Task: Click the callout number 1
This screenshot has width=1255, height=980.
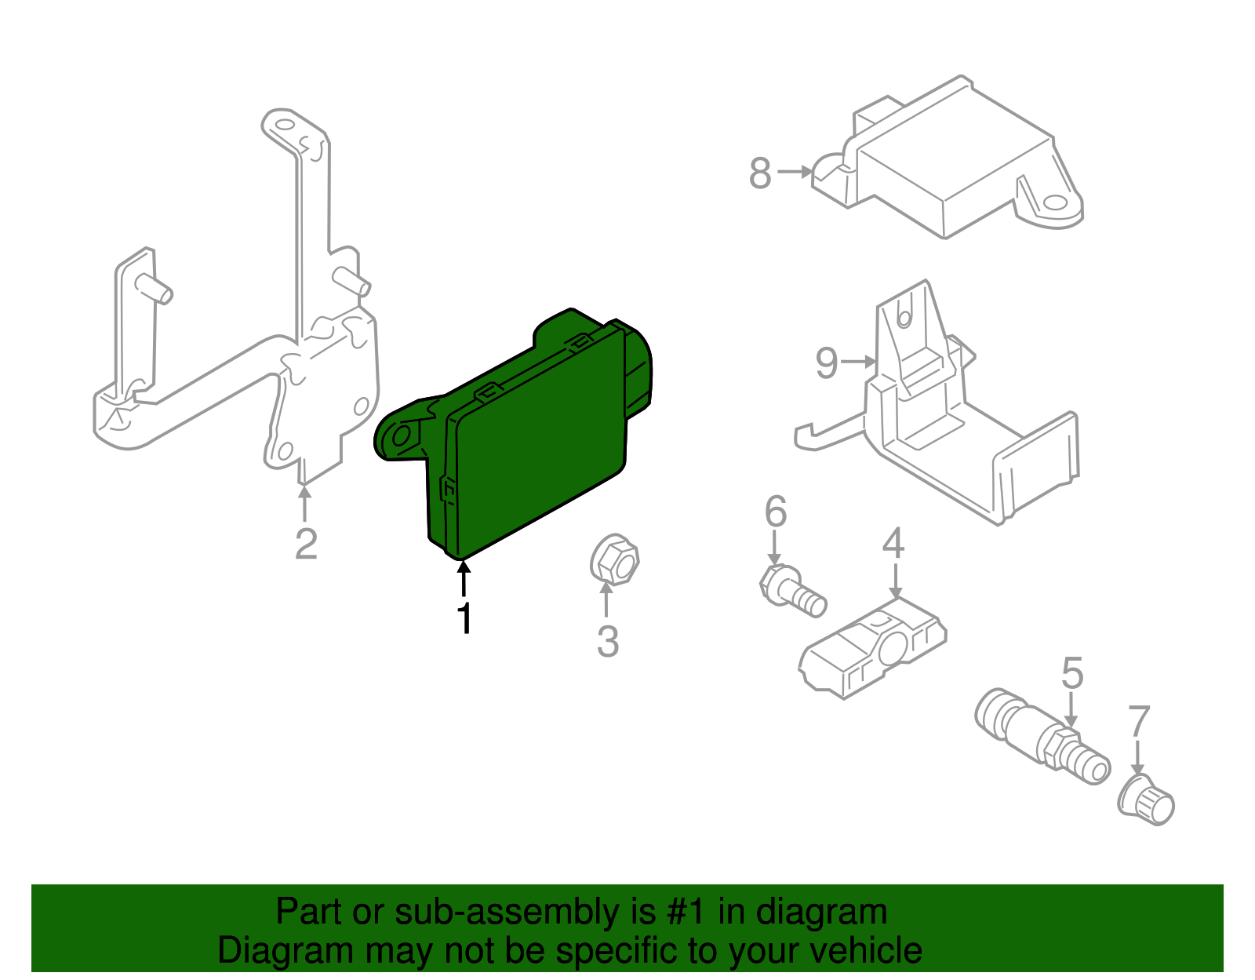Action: point(465,618)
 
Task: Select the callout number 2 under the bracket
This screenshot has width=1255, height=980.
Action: point(306,544)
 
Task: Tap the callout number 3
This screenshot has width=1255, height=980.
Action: point(608,641)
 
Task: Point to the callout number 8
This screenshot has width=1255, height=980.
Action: point(760,173)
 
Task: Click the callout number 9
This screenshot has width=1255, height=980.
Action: point(827,363)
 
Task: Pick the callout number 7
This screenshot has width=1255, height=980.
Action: point(1138,722)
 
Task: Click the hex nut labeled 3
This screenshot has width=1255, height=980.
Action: point(614,560)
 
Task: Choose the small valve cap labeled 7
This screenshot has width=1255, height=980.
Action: point(1147,800)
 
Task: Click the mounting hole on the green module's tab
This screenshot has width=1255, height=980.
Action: point(402,436)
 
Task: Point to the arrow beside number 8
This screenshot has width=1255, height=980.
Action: point(795,171)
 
